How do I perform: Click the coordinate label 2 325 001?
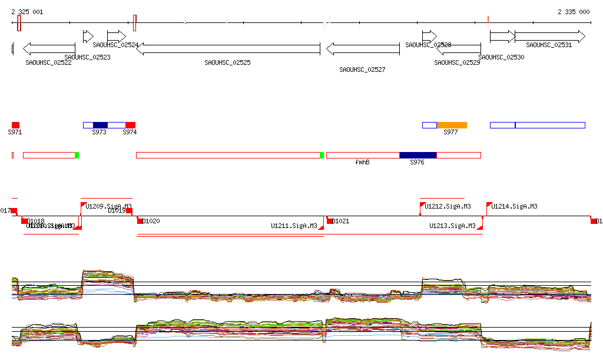[26, 12]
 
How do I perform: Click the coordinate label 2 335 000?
[574, 12]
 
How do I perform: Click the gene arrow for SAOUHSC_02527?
[363, 48]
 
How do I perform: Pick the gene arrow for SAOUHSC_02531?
[550, 37]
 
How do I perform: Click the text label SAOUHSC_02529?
[457, 62]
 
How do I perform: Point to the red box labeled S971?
[15, 125]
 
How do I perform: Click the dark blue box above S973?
[100, 125]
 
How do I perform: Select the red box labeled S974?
[130, 125]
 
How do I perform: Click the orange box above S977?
[452, 125]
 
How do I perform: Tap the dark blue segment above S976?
[418, 155]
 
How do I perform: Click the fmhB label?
[362, 162]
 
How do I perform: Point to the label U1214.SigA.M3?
[514, 207]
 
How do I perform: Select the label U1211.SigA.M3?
[294, 226]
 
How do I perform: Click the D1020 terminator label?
[151, 221]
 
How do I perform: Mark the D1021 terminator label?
[341, 221]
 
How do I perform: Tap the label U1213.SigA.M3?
[452, 226]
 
